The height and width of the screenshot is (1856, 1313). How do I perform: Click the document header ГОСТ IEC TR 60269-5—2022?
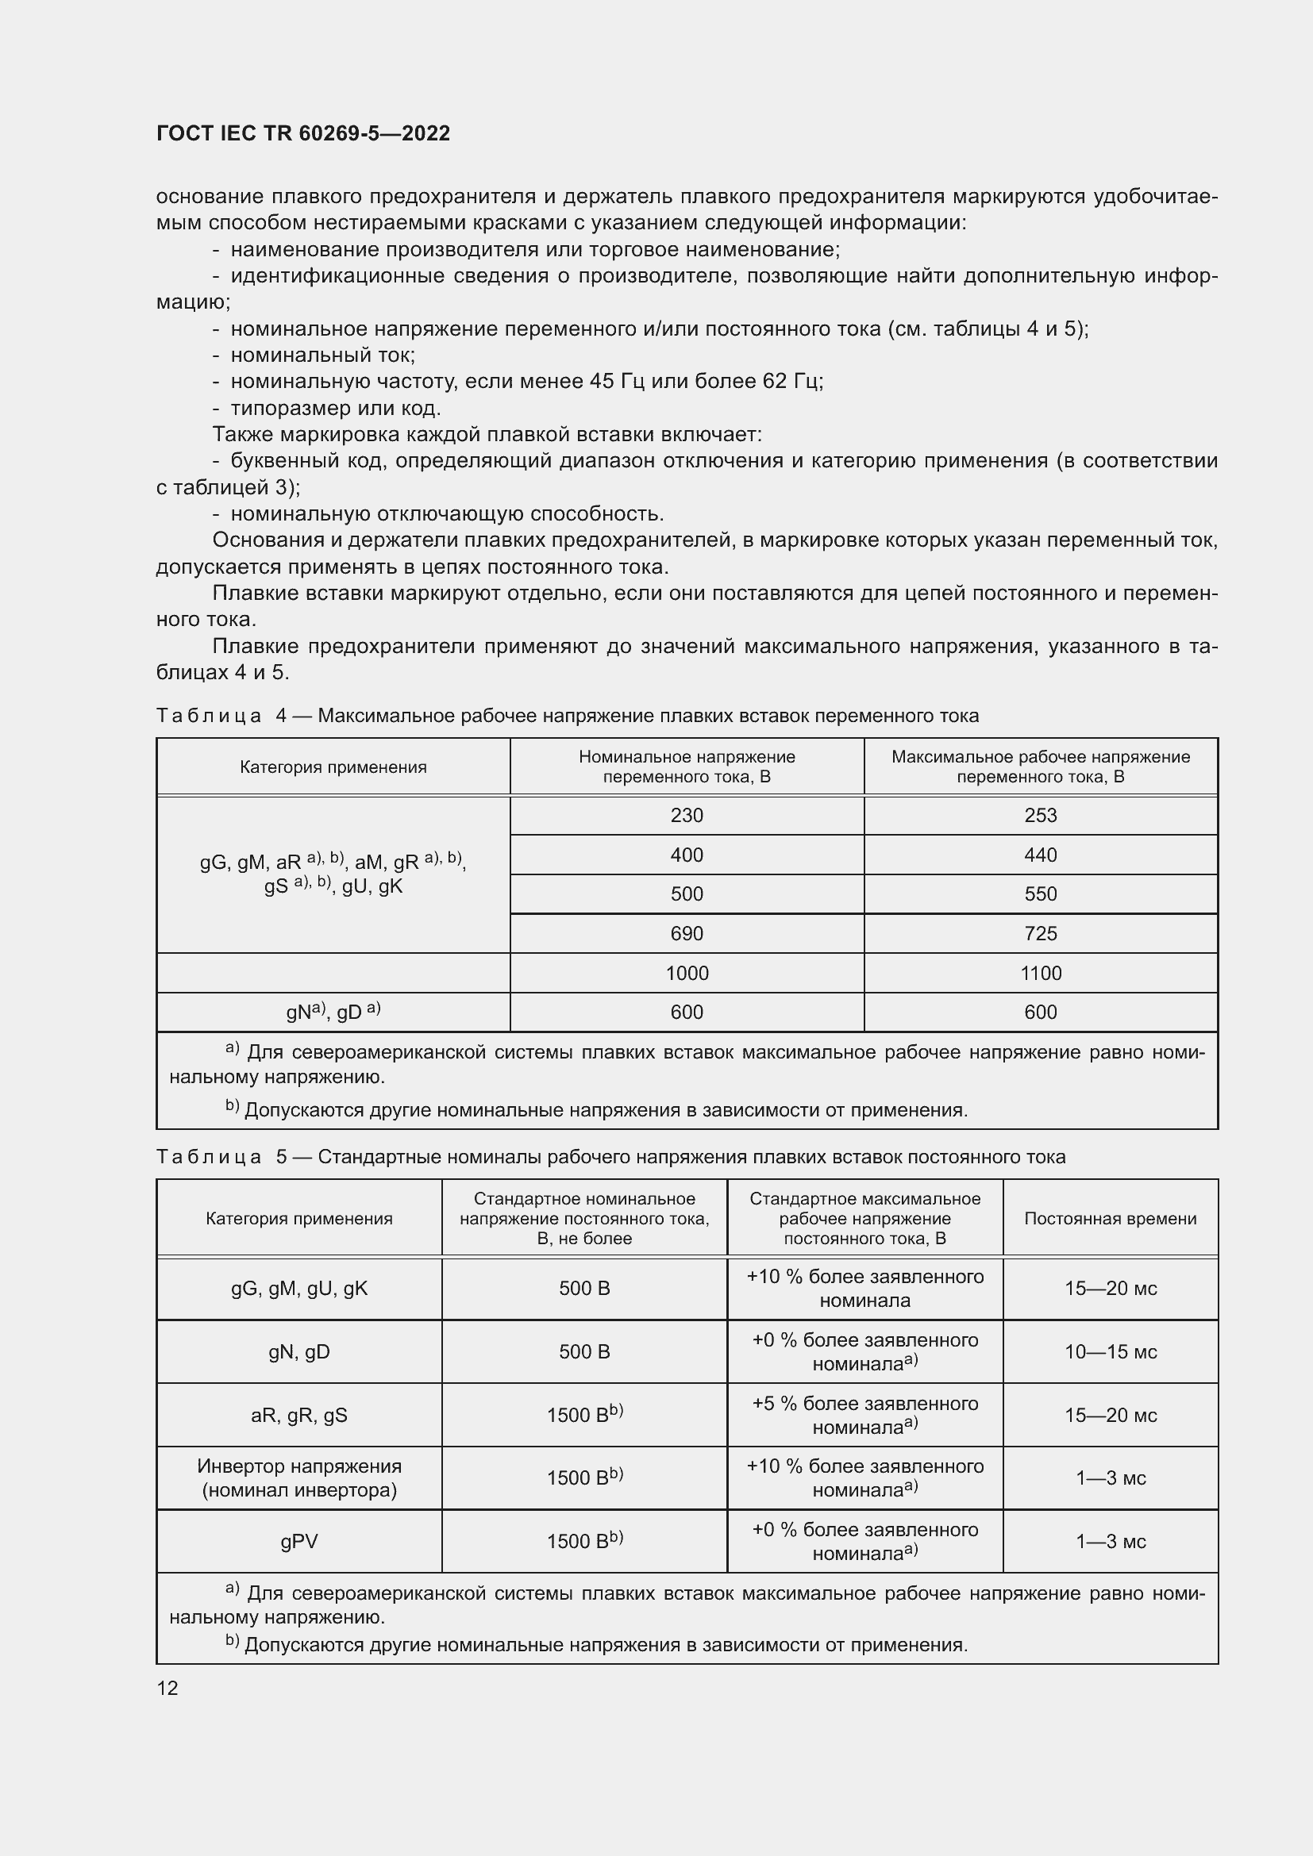coord(303,133)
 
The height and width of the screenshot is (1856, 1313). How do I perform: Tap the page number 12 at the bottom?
coord(167,1688)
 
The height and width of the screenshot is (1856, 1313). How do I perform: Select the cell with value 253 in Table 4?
coord(1040,815)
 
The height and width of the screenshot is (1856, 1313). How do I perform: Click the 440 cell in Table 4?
coord(1040,855)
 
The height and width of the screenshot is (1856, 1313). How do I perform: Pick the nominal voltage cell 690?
coord(687,934)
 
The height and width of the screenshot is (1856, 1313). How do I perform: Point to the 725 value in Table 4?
coord(1040,934)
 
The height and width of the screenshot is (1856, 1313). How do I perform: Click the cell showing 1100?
coord(1040,974)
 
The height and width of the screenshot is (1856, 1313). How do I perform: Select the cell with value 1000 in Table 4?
coord(687,974)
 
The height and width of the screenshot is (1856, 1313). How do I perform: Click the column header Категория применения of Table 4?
coord(333,767)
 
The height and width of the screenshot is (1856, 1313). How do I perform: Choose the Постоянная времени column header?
coord(1110,1218)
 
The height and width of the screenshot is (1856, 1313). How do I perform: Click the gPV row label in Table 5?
coord(299,1542)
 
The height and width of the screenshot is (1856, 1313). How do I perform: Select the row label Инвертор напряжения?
coord(299,1466)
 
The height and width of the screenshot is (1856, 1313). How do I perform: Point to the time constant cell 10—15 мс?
coord(1110,1351)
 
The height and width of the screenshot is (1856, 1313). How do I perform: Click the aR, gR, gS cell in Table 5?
coord(299,1415)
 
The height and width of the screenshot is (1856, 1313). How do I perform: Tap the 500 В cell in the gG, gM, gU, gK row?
coord(583,1289)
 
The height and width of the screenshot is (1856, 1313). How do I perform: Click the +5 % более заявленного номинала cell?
coord(864,1415)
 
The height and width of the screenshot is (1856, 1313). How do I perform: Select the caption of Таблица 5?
coord(610,1157)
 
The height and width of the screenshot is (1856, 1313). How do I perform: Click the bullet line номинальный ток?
coord(322,355)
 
